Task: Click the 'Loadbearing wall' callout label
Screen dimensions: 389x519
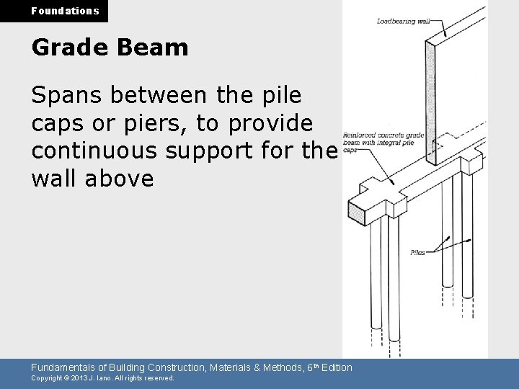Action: click(403, 22)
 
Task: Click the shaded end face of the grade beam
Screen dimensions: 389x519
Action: click(357, 210)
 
